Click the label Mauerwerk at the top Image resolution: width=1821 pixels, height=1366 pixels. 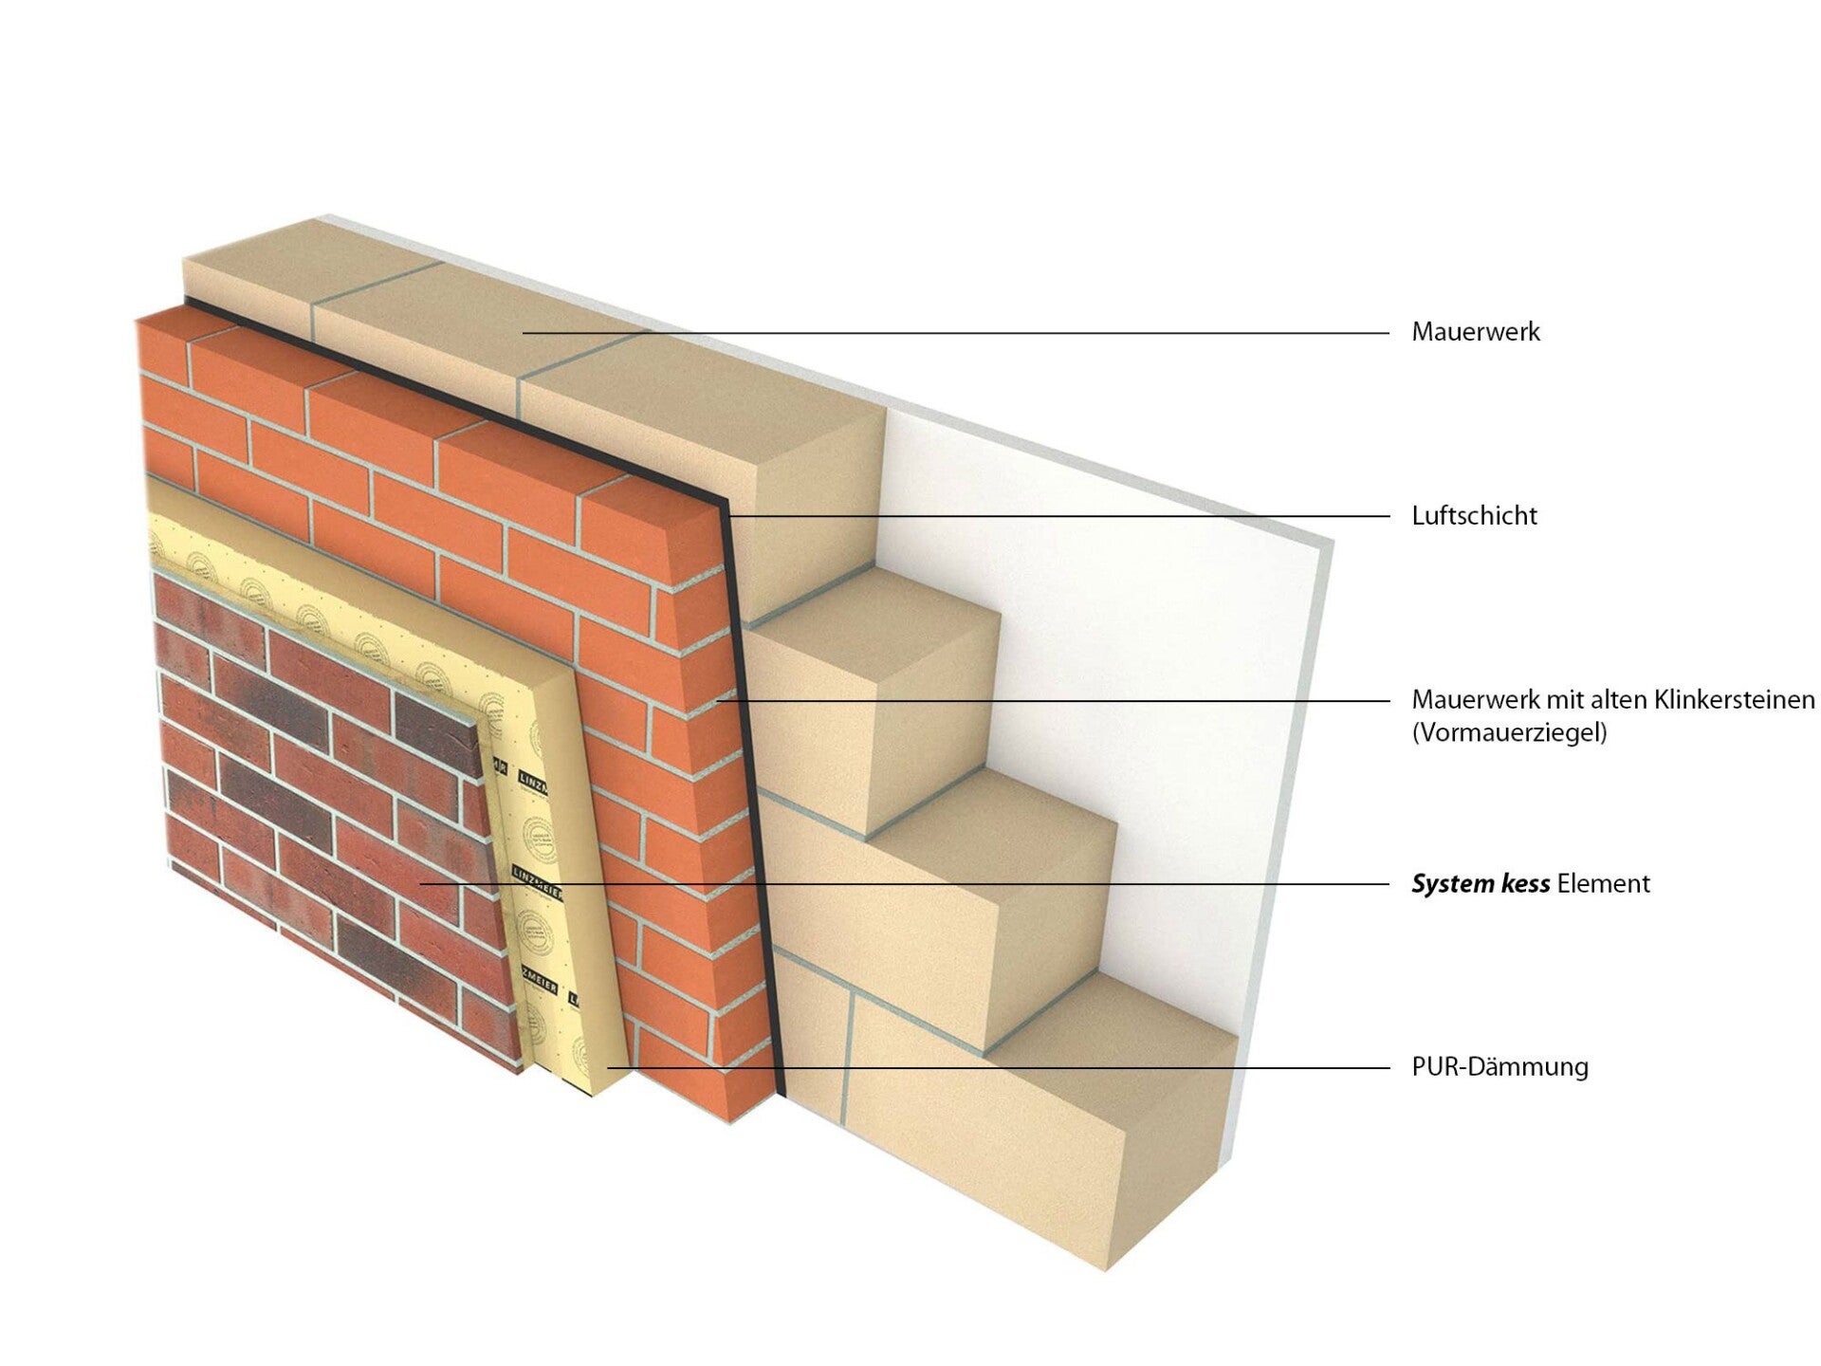(x=1475, y=332)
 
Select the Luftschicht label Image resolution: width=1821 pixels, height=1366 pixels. (x=1474, y=516)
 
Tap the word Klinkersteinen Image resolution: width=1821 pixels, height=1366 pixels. (x=1735, y=700)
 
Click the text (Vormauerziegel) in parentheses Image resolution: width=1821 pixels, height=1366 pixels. (x=1509, y=733)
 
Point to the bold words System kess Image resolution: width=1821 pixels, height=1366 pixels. (x=1481, y=884)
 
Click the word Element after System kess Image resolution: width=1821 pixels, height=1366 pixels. (x=1604, y=884)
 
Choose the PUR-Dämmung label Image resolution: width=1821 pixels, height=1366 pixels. (x=1499, y=1066)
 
